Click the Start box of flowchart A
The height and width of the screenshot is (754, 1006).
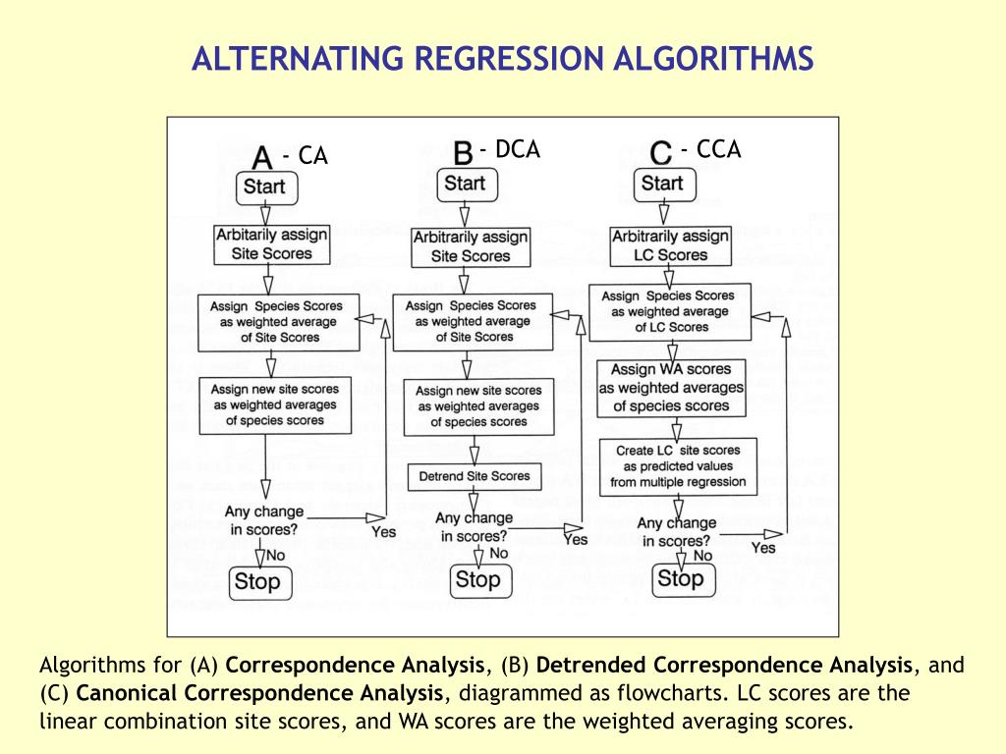tap(265, 187)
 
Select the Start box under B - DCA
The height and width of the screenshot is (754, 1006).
tap(465, 184)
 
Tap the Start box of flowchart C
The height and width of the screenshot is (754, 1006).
tap(662, 184)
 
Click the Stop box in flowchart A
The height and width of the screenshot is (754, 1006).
tap(257, 581)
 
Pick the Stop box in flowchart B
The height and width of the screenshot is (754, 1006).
tap(478, 580)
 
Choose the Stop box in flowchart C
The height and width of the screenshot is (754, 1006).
tap(680, 578)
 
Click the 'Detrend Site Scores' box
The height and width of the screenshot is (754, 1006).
tap(475, 477)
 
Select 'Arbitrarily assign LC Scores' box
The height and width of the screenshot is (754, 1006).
tap(670, 245)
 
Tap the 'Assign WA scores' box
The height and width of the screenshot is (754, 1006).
tap(672, 388)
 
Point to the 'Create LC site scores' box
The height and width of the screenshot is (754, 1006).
tap(678, 466)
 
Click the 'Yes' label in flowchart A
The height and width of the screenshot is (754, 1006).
tap(383, 531)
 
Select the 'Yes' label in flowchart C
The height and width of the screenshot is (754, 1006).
tap(763, 547)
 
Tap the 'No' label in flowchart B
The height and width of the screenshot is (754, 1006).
tap(498, 553)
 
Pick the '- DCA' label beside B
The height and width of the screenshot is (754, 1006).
tap(510, 149)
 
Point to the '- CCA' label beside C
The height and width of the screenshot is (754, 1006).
tap(710, 149)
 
